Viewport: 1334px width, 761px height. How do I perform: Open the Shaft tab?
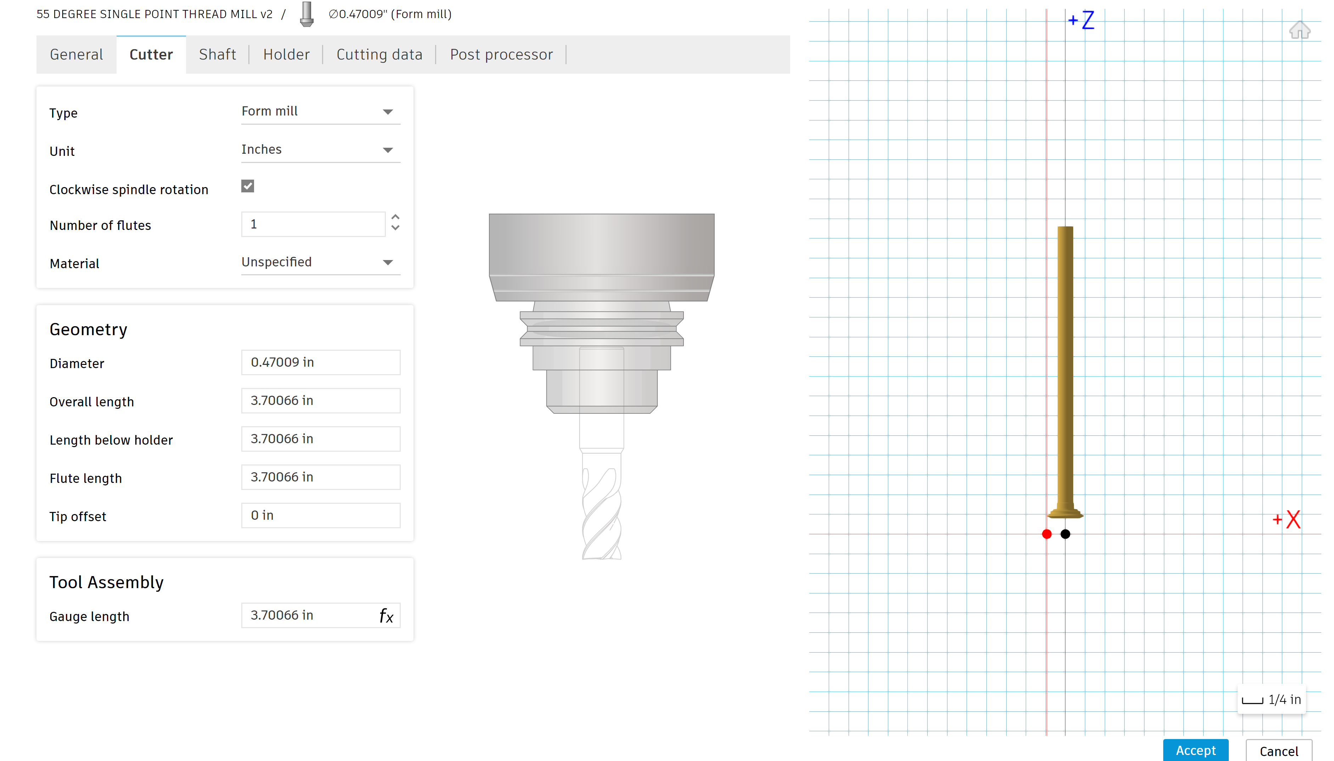tap(218, 54)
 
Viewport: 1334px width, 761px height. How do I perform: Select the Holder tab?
tap(286, 54)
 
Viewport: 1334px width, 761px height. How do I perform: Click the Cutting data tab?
tap(379, 54)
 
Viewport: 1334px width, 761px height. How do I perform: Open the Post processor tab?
tap(501, 54)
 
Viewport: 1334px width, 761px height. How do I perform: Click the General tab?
tap(76, 54)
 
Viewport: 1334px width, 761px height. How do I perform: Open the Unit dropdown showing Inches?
tap(320, 150)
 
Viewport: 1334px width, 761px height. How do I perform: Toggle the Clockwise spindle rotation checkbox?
tap(248, 186)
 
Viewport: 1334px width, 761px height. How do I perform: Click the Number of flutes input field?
tap(313, 224)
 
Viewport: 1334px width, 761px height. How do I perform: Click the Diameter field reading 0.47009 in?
tap(320, 362)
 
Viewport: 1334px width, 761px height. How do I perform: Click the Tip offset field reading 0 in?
tap(320, 515)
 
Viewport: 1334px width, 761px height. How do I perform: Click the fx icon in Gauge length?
tap(386, 616)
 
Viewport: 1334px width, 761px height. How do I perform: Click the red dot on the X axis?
tap(1047, 534)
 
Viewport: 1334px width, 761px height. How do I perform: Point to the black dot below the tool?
tap(1065, 534)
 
